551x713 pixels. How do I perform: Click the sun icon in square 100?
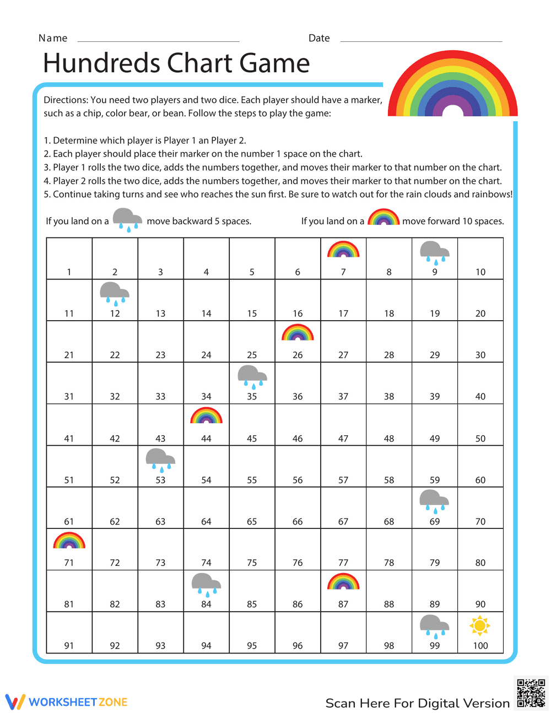[x=480, y=626]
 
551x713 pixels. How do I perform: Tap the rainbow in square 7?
[x=343, y=250]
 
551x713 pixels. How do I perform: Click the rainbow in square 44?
[x=206, y=416]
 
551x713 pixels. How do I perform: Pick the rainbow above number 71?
[x=69, y=541]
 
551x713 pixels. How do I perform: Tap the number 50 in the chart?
[x=480, y=439]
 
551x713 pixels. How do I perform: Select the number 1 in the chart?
[x=69, y=272]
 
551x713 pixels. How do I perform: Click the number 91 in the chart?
[x=69, y=646]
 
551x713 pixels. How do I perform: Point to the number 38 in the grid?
[x=389, y=397]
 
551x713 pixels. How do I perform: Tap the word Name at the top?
[x=53, y=38]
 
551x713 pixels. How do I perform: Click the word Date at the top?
[x=319, y=38]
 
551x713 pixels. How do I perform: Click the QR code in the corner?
[x=531, y=693]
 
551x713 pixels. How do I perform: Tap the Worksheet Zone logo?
[x=66, y=702]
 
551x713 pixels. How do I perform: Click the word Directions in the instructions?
[x=66, y=100]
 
